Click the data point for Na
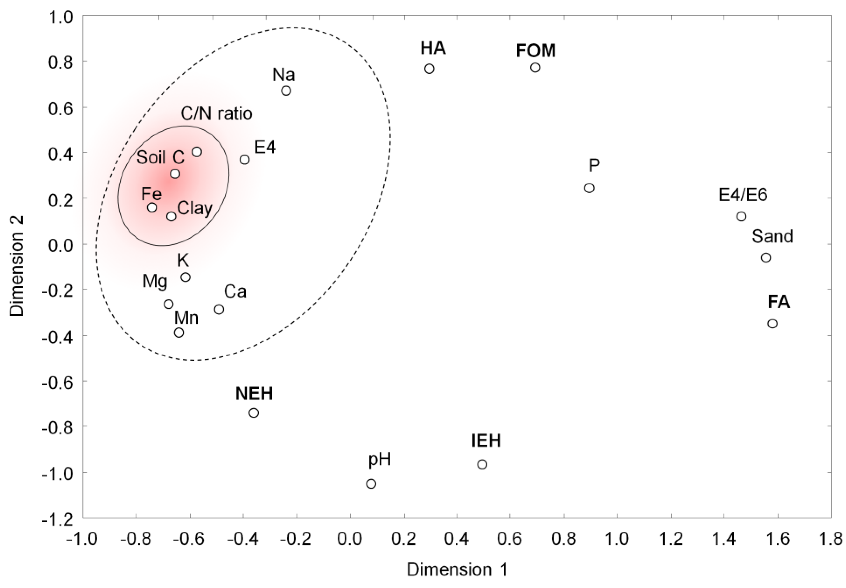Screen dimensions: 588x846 point(286,91)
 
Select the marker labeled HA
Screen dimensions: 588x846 point(429,69)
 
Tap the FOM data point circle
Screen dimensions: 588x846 point(535,67)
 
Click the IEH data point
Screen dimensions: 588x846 point(482,465)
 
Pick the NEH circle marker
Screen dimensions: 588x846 point(254,413)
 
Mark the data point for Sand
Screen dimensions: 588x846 point(766,258)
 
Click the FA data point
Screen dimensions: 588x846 point(773,324)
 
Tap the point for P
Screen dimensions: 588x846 point(589,188)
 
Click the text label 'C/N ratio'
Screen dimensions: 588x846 point(216,114)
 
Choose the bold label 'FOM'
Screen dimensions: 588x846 point(536,51)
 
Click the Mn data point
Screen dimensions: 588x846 point(179,333)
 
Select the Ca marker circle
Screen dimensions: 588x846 point(219,309)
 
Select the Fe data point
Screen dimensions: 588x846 point(152,207)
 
